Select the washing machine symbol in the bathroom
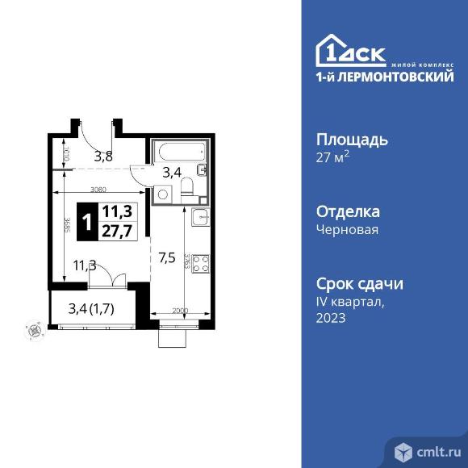164,193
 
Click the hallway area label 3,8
103,157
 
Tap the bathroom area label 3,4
172,171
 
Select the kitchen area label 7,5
168,258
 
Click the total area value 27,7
117,228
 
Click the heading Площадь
351,139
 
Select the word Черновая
347,229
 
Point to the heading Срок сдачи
359,284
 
